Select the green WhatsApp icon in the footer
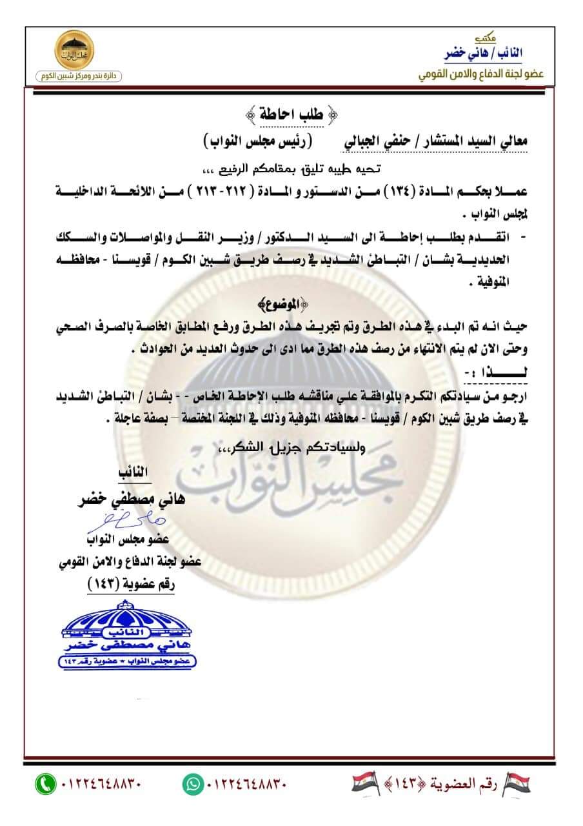[193, 784]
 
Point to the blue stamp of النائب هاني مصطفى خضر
[129, 635]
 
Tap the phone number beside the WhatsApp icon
[246, 785]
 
